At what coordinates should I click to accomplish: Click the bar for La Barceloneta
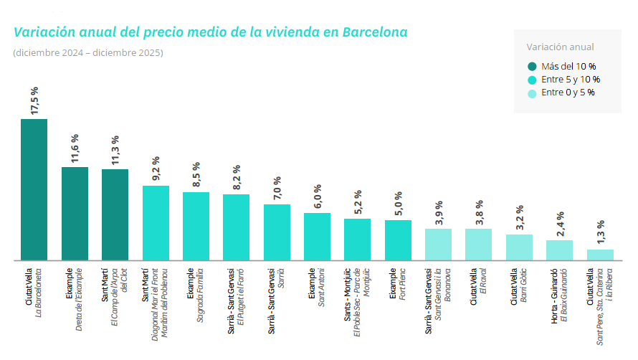[x=34, y=189]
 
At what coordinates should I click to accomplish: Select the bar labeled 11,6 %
[x=75, y=214]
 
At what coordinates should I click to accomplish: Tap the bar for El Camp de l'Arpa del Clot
[x=115, y=214]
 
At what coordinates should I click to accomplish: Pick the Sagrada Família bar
[x=196, y=226]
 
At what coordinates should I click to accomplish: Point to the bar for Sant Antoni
[x=317, y=237]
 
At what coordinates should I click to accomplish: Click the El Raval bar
[x=478, y=245]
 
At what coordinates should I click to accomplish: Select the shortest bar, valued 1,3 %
[x=600, y=255]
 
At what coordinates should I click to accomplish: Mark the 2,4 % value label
[x=560, y=224]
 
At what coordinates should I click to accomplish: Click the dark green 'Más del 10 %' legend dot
[x=532, y=67]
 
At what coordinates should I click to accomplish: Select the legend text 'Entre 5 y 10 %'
[x=571, y=80]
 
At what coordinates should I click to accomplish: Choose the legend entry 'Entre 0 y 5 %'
[x=567, y=93]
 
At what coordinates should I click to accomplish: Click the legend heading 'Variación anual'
[x=560, y=47]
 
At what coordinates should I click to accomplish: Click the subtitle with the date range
[x=88, y=53]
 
